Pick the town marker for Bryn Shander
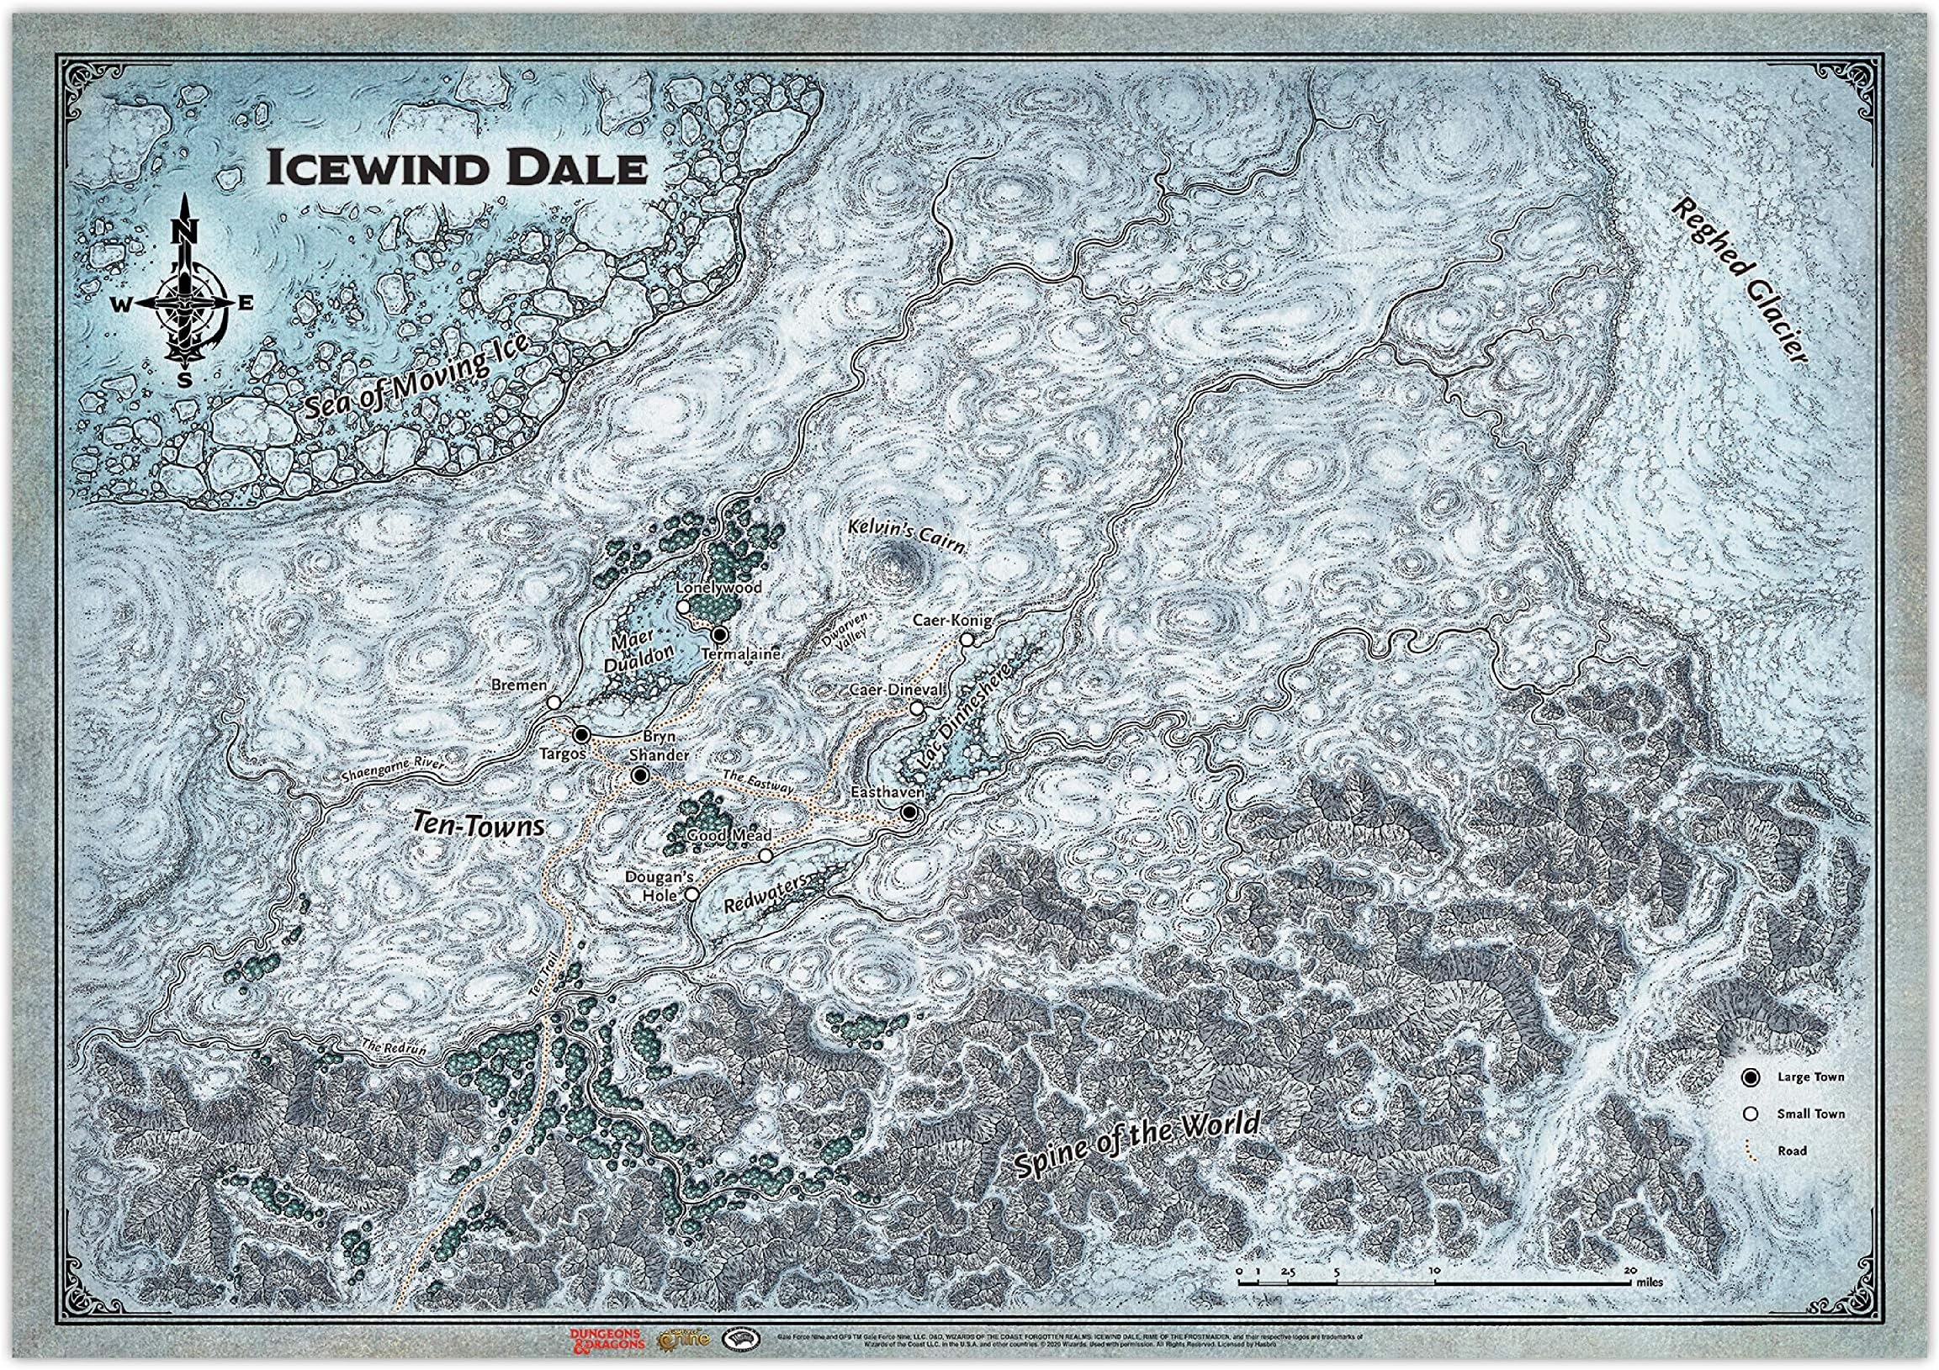[640, 775]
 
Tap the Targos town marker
[580, 733]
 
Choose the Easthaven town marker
[909, 812]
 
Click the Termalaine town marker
[719, 635]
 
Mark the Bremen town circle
[554, 702]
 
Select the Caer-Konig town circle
[967, 640]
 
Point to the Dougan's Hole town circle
[691, 894]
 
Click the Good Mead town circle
[766, 856]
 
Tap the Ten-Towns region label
[478, 824]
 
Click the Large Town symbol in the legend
[1751, 1077]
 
